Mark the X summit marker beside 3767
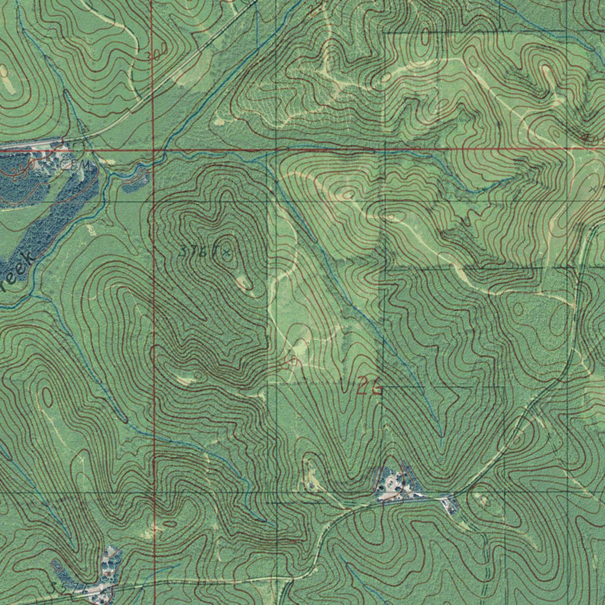(x=226, y=252)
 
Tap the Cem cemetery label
(x=83, y=166)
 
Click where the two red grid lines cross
(x=153, y=151)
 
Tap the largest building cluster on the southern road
(x=393, y=484)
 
